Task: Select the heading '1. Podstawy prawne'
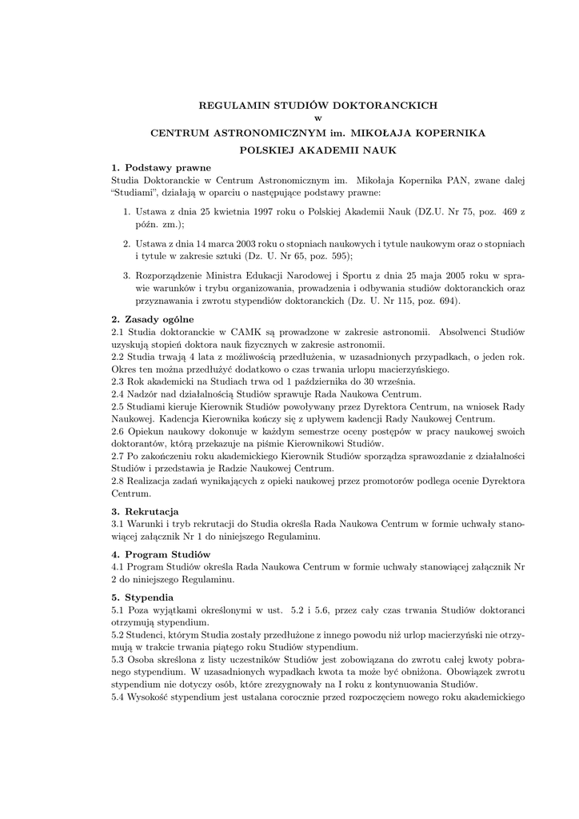[162, 167]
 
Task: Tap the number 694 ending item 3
[450, 301]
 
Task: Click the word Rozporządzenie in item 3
[170, 274]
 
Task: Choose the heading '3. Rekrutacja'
[145, 510]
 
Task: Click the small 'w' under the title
[317, 118]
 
